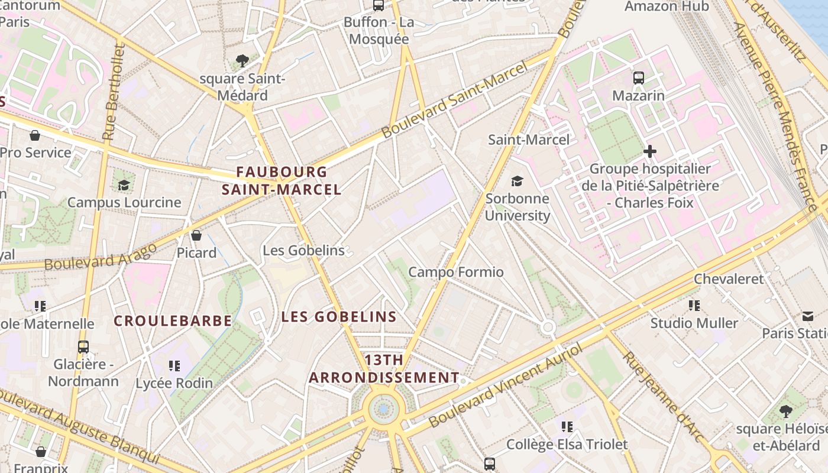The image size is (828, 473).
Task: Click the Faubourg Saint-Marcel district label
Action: [x=282, y=181]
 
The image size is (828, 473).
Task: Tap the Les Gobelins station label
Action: [x=303, y=250]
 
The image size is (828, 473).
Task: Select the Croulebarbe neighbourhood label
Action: [x=173, y=321]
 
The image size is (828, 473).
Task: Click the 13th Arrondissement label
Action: [x=384, y=369]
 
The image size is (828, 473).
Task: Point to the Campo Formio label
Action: [x=456, y=272]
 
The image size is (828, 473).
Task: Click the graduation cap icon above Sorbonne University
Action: [x=517, y=181]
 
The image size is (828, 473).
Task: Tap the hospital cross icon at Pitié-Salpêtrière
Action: [x=650, y=151]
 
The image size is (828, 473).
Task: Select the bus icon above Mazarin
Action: [x=638, y=77]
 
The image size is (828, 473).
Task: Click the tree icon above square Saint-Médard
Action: [x=242, y=60]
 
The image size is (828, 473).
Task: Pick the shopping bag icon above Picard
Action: [x=196, y=235]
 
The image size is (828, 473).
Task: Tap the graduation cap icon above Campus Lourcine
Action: [x=124, y=185]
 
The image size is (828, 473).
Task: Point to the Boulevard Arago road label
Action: [x=101, y=256]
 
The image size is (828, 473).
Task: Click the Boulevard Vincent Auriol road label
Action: [x=506, y=386]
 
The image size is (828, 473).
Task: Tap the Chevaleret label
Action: [x=729, y=278]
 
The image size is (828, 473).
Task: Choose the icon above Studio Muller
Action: [x=694, y=306]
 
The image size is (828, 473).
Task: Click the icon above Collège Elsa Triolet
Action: [x=567, y=426]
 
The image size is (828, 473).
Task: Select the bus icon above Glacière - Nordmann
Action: [x=83, y=346]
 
